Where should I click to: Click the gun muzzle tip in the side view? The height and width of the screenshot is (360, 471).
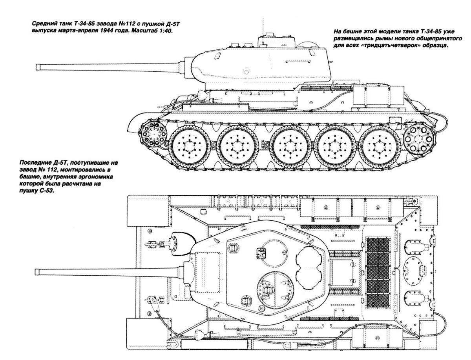pyautogui.click(x=37, y=67)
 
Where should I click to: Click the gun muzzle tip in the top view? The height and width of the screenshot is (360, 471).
pyautogui.click(x=36, y=272)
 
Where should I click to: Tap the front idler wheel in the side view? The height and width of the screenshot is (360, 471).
pyautogui.click(x=153, y=134)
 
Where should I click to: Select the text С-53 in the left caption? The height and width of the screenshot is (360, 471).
pyautogui.click(x=46, y=191)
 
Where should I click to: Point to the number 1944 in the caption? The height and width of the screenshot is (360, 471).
pyautogui.click(x=106, y=31)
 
